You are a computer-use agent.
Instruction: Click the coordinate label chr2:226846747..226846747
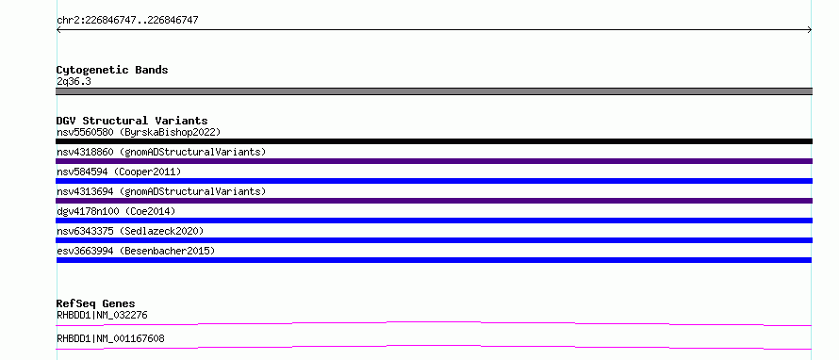[x=127, y=21]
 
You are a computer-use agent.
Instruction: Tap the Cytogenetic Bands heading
[x=112, y=70]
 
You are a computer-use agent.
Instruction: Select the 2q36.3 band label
[x=74, y=82]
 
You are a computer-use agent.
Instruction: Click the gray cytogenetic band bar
[x=434, y=91]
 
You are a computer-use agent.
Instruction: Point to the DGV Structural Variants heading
[x=132, y=121]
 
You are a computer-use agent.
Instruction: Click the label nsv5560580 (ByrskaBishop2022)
[x=139, y=132]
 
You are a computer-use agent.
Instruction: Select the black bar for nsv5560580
[x=434, y=141]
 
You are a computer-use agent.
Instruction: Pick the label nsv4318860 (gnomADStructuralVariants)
[x=161, y=152]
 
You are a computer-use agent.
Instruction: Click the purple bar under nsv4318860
[x=434, y=161]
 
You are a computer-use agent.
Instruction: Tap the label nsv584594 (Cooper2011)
[x=119, y=172]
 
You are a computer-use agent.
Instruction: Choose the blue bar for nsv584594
[x=434, y=181]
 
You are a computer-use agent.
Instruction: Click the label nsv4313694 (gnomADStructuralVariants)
[x=161, y=191]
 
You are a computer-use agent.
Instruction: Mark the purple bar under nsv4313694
[x=434, y=201]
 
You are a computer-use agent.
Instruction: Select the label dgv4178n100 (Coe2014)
[x=116, y=211]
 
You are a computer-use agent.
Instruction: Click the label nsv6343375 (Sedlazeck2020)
[x=130, y=231]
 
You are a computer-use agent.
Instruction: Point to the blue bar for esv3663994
[x=434, y=260]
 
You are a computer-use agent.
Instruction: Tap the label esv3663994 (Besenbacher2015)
[x=136, y=251]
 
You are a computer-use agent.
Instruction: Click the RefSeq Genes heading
[x=96, y=303]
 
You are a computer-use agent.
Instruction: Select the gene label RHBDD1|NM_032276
[x=102, y=316]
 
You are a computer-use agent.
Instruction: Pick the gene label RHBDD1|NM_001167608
[x=110, y=339]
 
